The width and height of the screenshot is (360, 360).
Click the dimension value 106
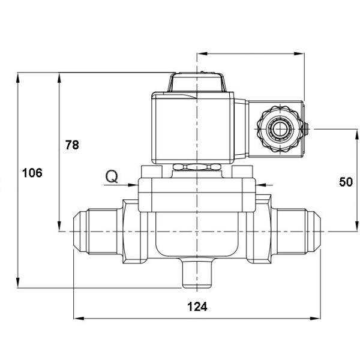click(32, 173)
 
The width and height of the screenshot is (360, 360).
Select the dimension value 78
click(72, 145)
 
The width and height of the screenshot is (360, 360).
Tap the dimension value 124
click(197, 307)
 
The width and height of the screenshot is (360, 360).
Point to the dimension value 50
click(346, 182)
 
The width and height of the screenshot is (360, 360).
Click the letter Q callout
click(112, 176)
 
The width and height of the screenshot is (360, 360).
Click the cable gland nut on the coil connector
click(277, 128)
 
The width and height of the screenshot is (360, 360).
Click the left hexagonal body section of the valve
click(136, 231)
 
